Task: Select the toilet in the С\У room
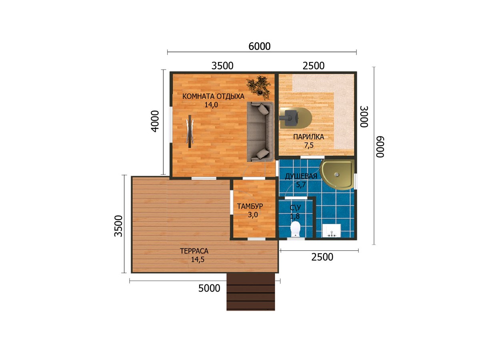pos(295,229)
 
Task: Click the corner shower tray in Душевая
pos(337,175)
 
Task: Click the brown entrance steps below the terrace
pos(251,292)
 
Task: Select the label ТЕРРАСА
pos(194,251)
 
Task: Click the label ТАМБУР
pos(250,206)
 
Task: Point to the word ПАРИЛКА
pos(308,137)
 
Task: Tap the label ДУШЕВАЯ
pos(301,176)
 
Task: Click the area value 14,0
pos(211,105)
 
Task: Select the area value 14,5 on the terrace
pos(198,260)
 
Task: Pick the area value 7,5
pos(309,145)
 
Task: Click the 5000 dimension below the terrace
pos(209,288)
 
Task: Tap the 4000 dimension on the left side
pos(155,121)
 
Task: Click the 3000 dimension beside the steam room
pos(364,117)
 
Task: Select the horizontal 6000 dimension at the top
pos(259,46)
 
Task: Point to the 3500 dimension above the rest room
pos(222,66)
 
